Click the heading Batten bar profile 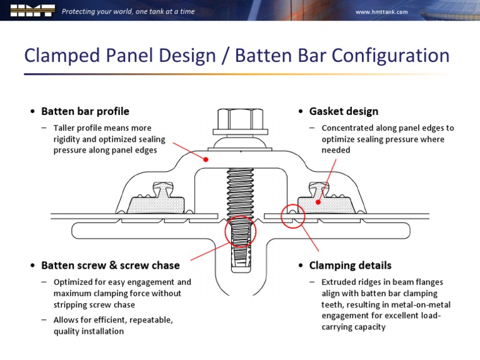pos(85,111)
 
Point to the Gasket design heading pos(343,111)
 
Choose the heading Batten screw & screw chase pos(110,266)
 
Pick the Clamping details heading pos(350,266)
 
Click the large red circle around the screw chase pos(241,232)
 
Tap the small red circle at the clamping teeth pos(292,216)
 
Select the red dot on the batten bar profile pos(206,159)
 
